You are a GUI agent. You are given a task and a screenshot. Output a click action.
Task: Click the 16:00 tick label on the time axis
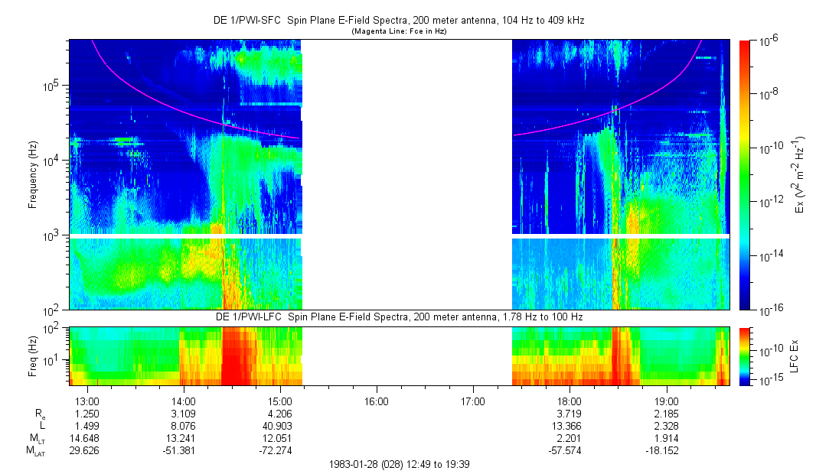pos(377,400)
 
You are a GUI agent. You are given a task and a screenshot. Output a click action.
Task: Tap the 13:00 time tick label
pos(87,400)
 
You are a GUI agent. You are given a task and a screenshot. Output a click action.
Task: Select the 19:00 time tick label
pos(666,400)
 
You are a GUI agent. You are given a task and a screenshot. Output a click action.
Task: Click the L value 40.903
pos(280,425)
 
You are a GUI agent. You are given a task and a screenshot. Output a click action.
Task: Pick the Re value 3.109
pos(184,413)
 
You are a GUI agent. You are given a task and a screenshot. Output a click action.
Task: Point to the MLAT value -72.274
pos(280,450)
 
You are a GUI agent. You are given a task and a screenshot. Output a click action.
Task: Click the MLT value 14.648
pos(87,438)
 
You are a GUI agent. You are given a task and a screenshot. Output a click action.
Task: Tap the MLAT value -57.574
pos(570,450)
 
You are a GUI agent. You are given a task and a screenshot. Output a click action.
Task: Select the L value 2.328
pos(666,425)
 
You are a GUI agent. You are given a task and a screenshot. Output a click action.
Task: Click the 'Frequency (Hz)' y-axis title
pos(33,175)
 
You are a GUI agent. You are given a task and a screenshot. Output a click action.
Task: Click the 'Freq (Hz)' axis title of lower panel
pos(33,355)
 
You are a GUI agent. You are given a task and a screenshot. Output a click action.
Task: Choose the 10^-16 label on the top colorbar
pos(769,309)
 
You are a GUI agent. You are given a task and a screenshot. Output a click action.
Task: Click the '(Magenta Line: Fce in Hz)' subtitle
pos(398,32)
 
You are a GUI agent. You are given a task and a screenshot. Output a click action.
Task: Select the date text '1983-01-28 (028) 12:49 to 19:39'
pos(398,464)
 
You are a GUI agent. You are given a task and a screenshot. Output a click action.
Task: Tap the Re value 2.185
pos(666,413)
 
